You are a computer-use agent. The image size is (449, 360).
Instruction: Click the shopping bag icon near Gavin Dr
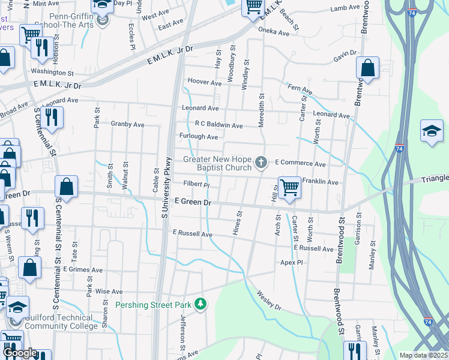click(367, 68)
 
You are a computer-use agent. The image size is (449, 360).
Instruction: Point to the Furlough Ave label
click(199, 137)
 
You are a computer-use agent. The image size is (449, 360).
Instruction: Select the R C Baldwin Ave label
click(218, 125)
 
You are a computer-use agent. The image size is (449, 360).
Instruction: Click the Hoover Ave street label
click(205, 82)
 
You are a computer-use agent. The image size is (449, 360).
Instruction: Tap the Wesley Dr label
click(269, 301)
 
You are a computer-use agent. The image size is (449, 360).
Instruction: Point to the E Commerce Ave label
click(300, 163)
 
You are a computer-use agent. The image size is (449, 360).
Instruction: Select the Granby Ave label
click(128, 124)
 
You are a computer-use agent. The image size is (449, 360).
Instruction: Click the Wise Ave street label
click(109, 292)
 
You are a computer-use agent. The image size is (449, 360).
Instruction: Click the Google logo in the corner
click(19, 353)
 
